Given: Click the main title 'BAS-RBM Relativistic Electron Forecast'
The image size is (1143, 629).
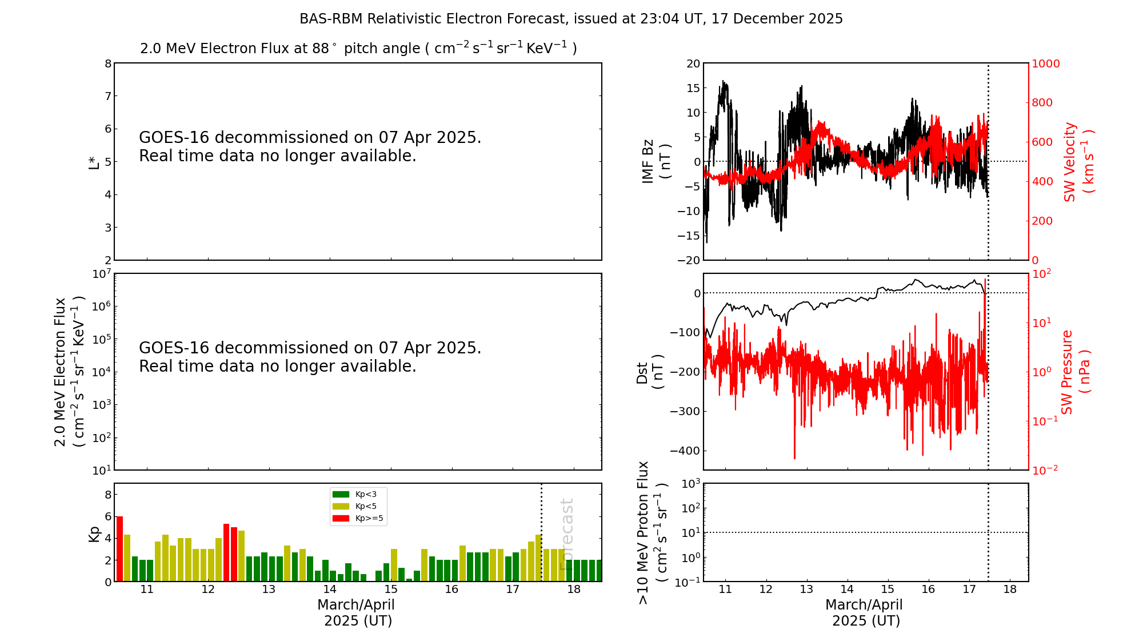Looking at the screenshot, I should tap(432, 19).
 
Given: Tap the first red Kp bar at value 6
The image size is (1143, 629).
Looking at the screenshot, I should tap(119, 548).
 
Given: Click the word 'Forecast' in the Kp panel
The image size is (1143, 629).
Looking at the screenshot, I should tap(566, 534).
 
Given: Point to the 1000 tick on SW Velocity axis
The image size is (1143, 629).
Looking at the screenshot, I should tap(1045, 63).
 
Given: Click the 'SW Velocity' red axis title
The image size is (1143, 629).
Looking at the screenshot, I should tap(1069, 162).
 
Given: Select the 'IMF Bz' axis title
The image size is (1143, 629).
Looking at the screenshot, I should tap(648, 161).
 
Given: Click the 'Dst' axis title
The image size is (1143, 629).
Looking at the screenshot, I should tap(642, 373).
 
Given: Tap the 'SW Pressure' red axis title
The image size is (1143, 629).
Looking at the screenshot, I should tap(1066, 372).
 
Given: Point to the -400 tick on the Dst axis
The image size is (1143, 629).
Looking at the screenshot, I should tap(685, 451).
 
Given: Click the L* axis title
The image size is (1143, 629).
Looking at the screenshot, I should tap(94, 161).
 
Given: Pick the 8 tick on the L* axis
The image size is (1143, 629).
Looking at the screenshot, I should tap(108, 63).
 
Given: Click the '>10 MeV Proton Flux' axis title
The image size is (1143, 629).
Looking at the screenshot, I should tap(644, 532).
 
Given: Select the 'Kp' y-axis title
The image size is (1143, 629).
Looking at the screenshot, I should tap(94, 534).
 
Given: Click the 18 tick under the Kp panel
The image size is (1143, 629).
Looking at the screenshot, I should tap(574, 590).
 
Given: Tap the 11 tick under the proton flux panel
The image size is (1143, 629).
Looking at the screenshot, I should tap(726, 590).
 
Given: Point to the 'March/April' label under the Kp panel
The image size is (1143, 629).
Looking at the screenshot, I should tap(356, 605).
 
